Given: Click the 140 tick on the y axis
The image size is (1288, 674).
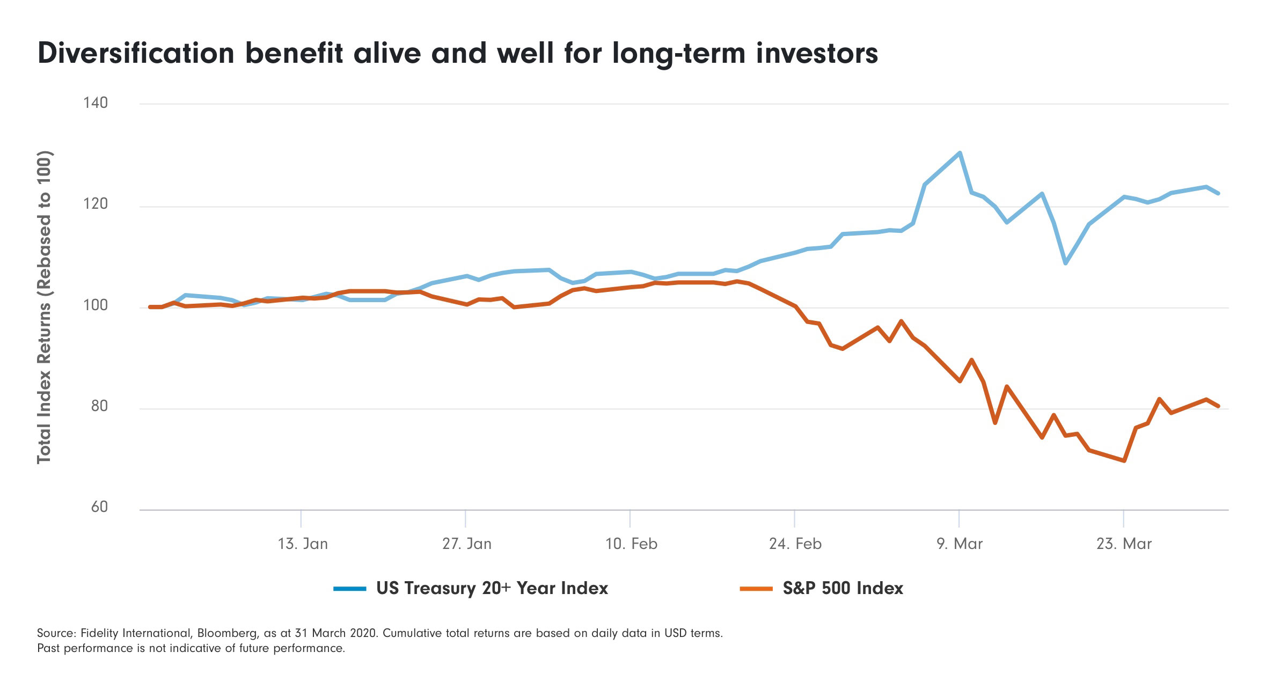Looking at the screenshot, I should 96,102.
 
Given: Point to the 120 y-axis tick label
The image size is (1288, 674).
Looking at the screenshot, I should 96,204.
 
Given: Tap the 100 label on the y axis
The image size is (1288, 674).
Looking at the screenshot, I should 96,305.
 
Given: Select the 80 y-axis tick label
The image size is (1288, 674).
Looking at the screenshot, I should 99,406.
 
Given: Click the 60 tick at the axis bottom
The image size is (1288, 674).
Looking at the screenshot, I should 99,507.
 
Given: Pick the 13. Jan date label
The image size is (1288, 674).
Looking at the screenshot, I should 303,544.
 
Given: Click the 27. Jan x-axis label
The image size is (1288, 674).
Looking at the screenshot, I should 467,544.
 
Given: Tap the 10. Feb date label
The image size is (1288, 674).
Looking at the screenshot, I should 631,544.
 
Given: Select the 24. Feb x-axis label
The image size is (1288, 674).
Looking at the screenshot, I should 795,544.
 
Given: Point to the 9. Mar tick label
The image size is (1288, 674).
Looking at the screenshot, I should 960,544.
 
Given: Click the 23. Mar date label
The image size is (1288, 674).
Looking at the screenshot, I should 1124,544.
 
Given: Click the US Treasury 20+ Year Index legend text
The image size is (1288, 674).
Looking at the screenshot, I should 492,589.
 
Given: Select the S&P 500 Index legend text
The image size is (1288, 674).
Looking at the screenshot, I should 843,589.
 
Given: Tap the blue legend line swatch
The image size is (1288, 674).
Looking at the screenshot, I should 349,589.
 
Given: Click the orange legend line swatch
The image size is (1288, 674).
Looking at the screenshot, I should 756,589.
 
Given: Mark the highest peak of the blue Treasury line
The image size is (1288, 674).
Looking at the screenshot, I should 960,153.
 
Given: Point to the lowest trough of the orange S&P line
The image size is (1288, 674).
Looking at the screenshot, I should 1124,460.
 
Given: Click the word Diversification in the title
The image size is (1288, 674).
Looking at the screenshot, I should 136,54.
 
